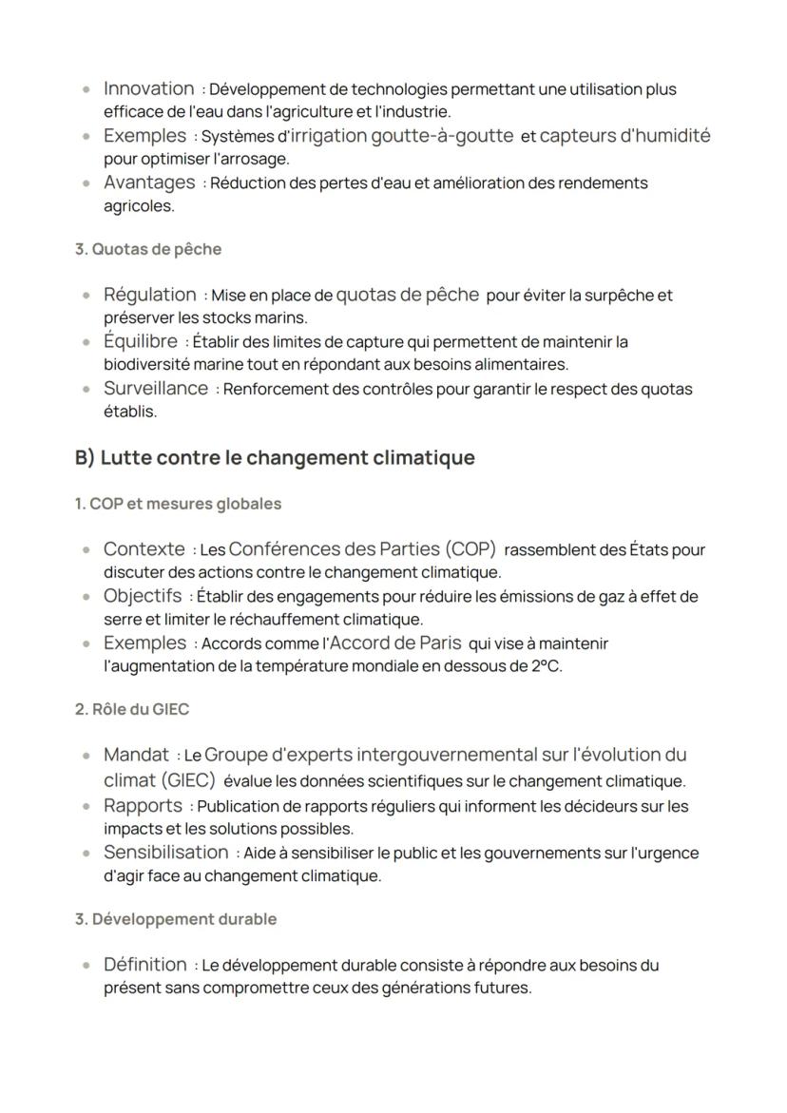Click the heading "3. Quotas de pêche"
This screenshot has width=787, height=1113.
point(147,250)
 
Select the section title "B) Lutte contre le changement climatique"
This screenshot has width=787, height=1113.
point(275,458)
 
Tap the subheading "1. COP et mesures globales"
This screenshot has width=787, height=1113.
point(178,504)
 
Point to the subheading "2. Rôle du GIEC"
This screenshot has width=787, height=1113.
point(131,709)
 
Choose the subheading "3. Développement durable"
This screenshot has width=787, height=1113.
point(176,919)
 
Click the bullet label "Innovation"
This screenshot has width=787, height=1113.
point(148,88)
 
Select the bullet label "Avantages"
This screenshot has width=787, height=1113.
point(148,182)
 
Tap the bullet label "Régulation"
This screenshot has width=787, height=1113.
point(149,295)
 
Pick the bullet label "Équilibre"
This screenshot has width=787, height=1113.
point(140,341)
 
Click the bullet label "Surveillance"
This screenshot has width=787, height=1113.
point(155,388)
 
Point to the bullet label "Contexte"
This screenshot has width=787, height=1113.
point(144,549)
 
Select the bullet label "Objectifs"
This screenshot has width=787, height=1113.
point(142,596)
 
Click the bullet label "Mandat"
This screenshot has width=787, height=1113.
point(136,756)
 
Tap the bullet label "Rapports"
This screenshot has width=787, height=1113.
point(142,805)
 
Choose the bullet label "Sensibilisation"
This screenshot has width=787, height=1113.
point(165,852)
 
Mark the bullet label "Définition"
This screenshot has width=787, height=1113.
point(144,965)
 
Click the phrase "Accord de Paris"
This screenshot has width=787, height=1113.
point(394,643)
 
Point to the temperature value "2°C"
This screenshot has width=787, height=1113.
point(546,666)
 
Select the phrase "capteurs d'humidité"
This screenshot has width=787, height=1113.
point(624,135)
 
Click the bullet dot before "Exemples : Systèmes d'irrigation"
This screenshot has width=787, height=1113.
point(87,137)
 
